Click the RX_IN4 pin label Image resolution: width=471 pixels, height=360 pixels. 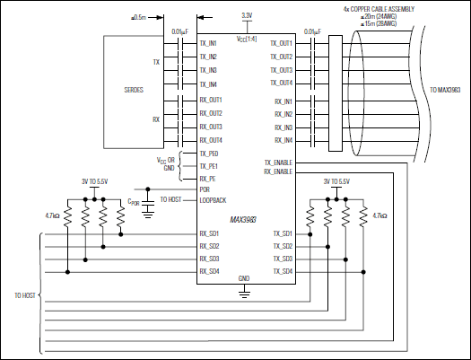283,140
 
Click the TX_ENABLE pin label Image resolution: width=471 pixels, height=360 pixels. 279,162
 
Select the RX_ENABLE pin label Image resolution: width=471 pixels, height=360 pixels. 279,171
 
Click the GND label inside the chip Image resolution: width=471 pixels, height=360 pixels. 243,279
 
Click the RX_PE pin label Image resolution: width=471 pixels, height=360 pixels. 206,179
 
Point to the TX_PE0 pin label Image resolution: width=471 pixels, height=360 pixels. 208,154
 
